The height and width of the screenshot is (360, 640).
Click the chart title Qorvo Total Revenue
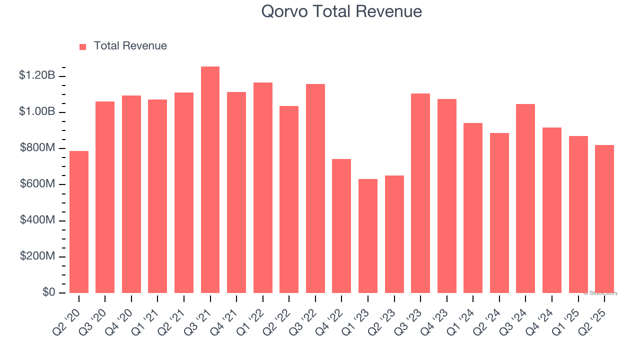341,11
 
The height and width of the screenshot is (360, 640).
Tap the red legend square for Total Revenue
83,46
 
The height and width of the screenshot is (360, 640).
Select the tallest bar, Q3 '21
210,180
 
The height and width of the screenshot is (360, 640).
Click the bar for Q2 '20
79,222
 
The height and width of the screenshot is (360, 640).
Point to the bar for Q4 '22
341,226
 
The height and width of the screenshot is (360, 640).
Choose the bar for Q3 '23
420,193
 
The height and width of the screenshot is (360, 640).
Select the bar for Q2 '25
604,219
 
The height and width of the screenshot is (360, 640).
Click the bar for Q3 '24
525,198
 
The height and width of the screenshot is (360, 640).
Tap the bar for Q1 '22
263,187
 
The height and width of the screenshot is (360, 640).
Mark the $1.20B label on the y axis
37,75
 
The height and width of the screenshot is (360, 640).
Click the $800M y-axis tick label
37,148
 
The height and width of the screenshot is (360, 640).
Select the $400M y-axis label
37,220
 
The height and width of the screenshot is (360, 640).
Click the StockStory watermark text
600,293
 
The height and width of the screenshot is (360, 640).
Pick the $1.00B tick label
37,111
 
